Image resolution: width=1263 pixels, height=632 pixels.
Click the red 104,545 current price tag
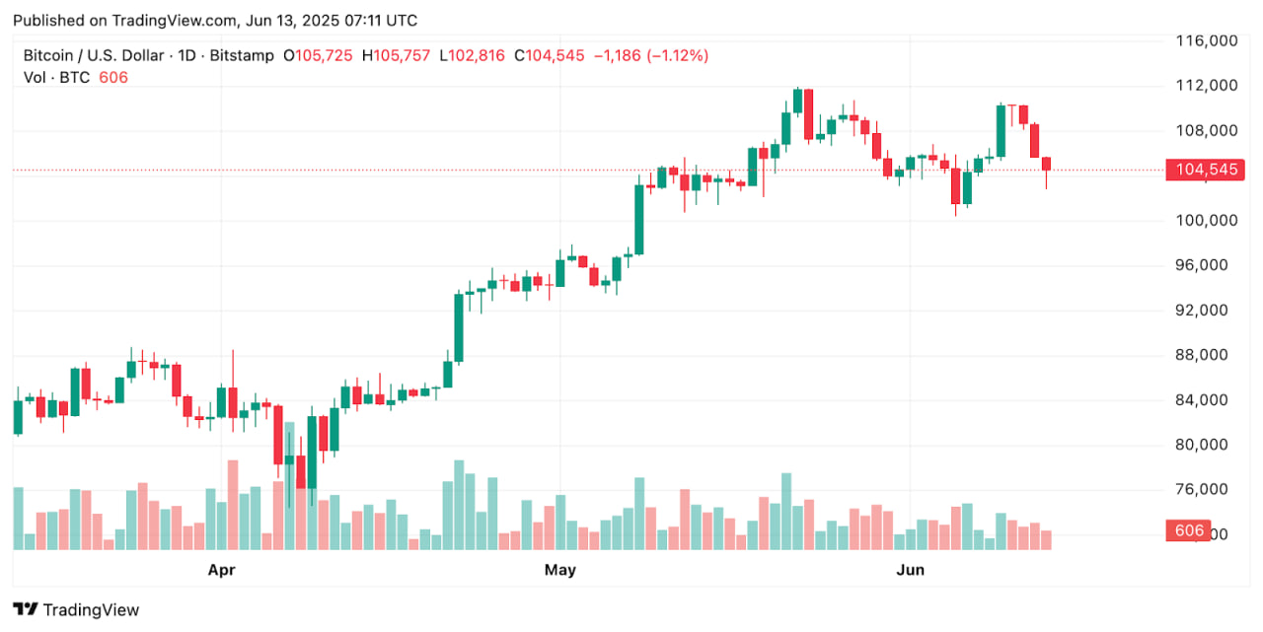pos(1206,170)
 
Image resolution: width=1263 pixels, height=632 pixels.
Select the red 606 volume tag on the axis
pos(1189,530)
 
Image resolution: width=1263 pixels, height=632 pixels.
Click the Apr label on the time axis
pos(221,569)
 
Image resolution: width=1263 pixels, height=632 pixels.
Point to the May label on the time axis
pos(559,569)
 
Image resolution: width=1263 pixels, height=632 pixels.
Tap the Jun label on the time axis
pos(910,569)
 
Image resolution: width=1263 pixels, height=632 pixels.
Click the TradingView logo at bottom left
pos(76,609)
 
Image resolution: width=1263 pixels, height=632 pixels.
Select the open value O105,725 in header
pos(318,56)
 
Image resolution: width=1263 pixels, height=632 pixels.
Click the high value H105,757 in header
pos(396,56)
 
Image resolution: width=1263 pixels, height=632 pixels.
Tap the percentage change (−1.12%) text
pos(677,56)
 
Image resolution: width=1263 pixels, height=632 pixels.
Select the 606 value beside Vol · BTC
pos(112,77)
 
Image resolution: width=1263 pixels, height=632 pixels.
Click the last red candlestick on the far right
pos(1046,164)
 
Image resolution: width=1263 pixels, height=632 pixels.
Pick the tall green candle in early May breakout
pos(638,219)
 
